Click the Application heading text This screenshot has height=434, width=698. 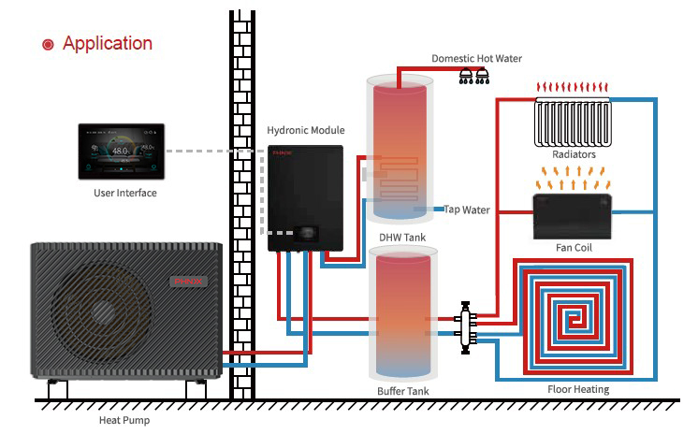tap(107, 43)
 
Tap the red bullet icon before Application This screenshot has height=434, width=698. tap(48, 44)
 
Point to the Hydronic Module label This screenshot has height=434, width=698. tap(306, 131)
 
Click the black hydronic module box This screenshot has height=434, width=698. tap(305, 198)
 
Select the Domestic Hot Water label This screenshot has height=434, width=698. tap(476, 58)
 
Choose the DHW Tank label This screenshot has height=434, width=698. tap(402, 238)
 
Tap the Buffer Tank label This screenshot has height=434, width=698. tap(403, 389)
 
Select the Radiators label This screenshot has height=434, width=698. tap(574, 154)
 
